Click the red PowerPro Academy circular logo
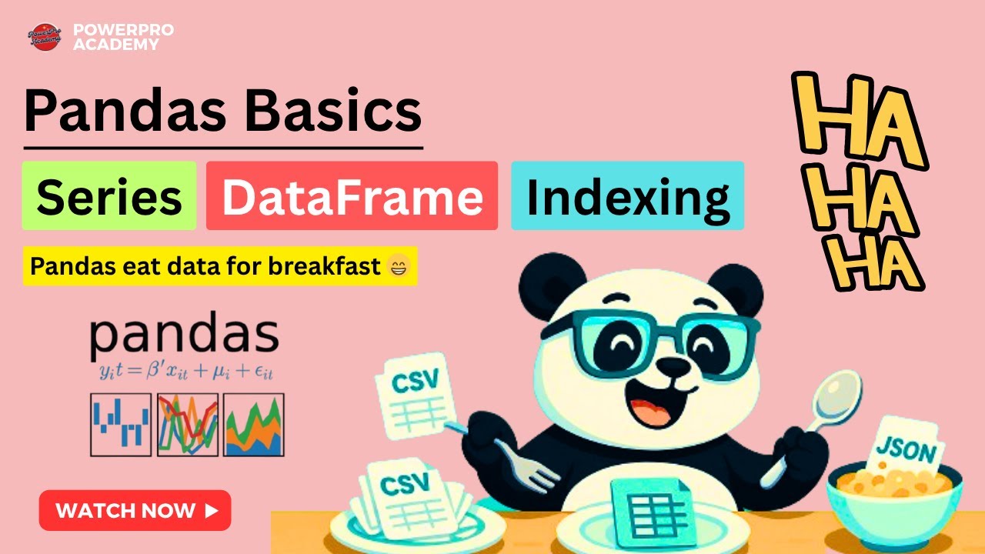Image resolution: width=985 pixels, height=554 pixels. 45,36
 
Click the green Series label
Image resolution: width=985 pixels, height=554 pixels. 109,195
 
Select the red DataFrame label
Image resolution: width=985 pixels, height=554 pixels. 352,195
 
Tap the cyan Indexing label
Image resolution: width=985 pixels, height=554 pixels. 627,195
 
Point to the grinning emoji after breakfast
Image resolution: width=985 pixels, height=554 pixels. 400,266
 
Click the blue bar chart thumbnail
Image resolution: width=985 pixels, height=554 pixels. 121,425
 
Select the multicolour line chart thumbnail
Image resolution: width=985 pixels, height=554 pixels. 187,425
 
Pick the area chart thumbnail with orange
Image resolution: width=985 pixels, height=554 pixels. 254,425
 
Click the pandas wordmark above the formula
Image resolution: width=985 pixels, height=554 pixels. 184,335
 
